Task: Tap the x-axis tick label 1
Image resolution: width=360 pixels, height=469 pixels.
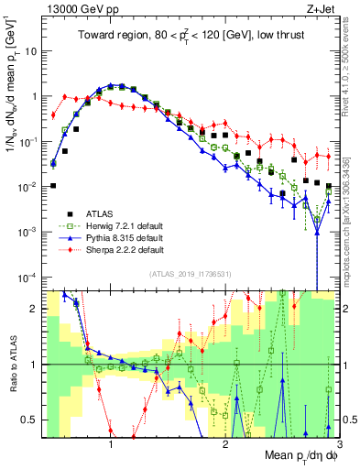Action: click(x=111, y=442)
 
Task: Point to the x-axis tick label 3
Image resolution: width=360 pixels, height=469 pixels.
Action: click(x=338, y=442)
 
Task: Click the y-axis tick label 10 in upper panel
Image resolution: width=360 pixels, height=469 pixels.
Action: click(x=27, y=51)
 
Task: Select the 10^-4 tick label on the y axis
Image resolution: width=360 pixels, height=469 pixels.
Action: click(x=25, y=277)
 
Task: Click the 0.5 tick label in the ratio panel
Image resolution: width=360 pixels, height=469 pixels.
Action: click(x=27, y=420)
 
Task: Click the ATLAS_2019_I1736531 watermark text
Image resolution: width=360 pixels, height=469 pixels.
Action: click(x=190, y=276)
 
